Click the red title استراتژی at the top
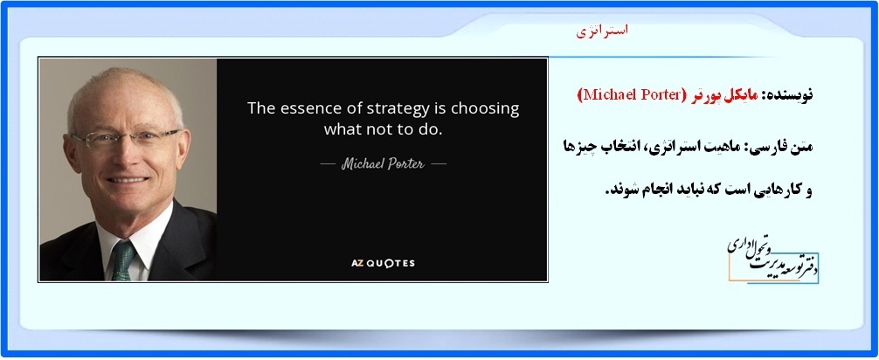(x=602, y=31)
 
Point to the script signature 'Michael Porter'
(x=383, y=164)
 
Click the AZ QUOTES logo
(x=383, y=263)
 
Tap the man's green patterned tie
(x=123, y=260)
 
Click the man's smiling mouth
(x=128, y=180)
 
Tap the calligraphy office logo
(x=773, y=260)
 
